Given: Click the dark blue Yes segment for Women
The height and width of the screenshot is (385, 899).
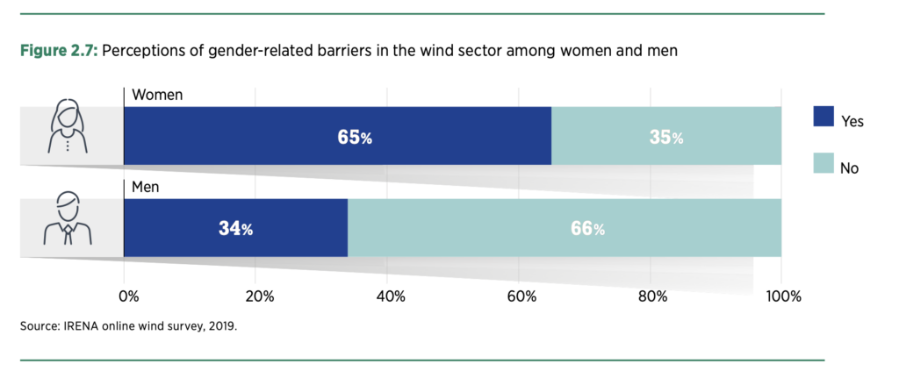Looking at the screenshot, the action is click(338, 136).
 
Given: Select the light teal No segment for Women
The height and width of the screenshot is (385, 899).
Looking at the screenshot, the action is click(666, 136).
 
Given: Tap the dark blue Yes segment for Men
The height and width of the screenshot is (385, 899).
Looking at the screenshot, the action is click(235, 228).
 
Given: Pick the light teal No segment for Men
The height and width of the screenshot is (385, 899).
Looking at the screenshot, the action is click(565, 228).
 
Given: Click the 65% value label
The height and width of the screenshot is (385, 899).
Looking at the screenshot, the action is click(355, 138).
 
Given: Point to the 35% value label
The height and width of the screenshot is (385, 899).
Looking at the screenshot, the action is click(666, 138).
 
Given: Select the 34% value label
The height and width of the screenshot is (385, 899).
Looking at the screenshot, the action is click(235, 229).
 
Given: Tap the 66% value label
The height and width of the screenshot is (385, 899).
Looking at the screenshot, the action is click(587, 229).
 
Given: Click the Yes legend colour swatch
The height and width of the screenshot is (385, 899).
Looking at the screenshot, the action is click(823, 117).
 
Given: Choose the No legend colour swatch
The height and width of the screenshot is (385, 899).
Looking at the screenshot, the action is click(823, 163).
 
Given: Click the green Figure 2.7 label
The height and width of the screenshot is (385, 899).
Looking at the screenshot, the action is click(59, 51).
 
